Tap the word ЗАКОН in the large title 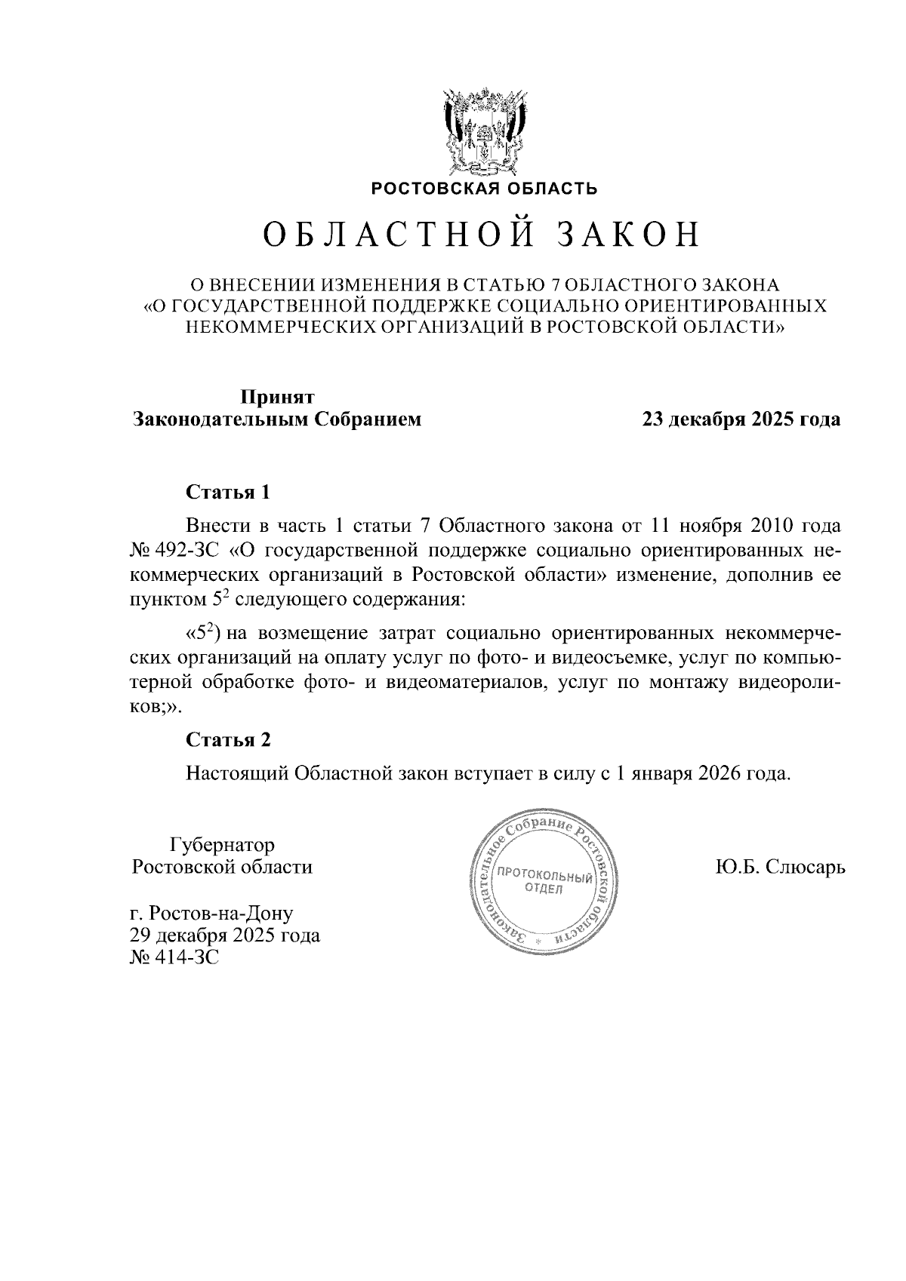[628, 235]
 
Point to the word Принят [277, 397]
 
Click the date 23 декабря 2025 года [741, 419]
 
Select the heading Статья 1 [228, 493]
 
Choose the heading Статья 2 [228, 740]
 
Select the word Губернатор [223, 844]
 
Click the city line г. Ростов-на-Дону [211, 914]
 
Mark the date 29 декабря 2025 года [225, 936]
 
